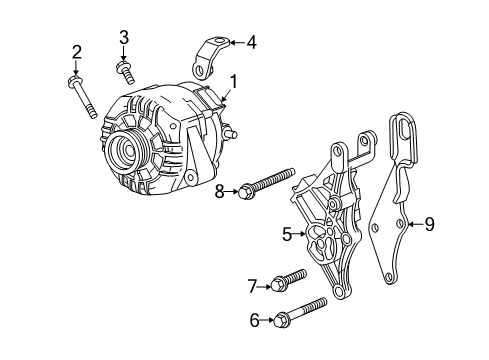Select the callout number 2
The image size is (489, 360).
point(76,52)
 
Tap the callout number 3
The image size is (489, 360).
point(124,38)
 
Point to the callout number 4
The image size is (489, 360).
point(251,42)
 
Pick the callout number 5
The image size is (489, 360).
point(286,235)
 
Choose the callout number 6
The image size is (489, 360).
point(253,320)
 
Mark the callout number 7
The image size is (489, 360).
point(252,286)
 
